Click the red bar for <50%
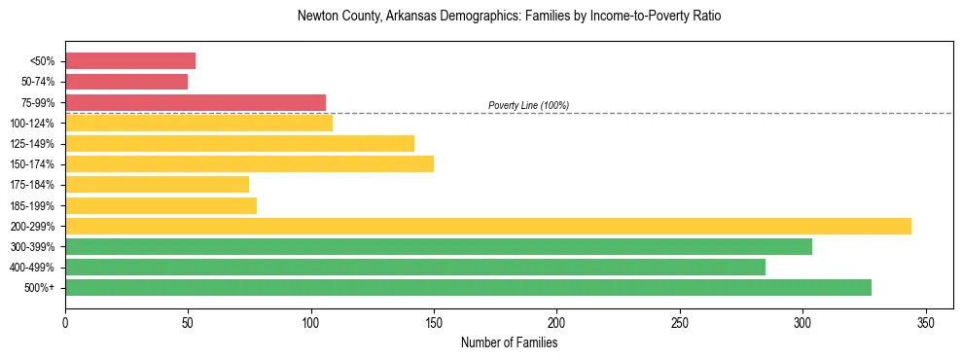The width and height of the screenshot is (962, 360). pyautogui.click(x=130, y=61)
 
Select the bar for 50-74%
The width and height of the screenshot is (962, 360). pyautogui.click(x=126, y=82)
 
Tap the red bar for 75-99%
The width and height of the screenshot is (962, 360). pyautogui.click(x=196, y=102)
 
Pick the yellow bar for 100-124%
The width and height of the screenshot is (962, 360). pyautogui.click(x=198, y=123)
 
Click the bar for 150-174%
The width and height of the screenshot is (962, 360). pyautogui.click(x=249, y=163)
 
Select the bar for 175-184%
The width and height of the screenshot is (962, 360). pyautogui.click(x=157, y=184)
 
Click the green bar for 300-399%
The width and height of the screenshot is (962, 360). pyautogui.click(x=439, y=246)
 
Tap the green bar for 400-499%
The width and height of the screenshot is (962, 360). pyautogui.click(x=415, y=267)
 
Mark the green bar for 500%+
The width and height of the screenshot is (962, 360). pyautogui.click(x=468, y=287)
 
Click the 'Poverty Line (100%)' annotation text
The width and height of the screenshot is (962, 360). pyautogui.click(x=528, y=105)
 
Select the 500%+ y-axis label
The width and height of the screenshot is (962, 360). pyautogui.click(x=39, y=288)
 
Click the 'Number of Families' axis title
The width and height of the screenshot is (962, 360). pyautogui.click(x=509, y=342)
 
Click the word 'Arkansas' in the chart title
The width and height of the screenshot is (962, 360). pyautogui.click(x=410, y=17)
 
